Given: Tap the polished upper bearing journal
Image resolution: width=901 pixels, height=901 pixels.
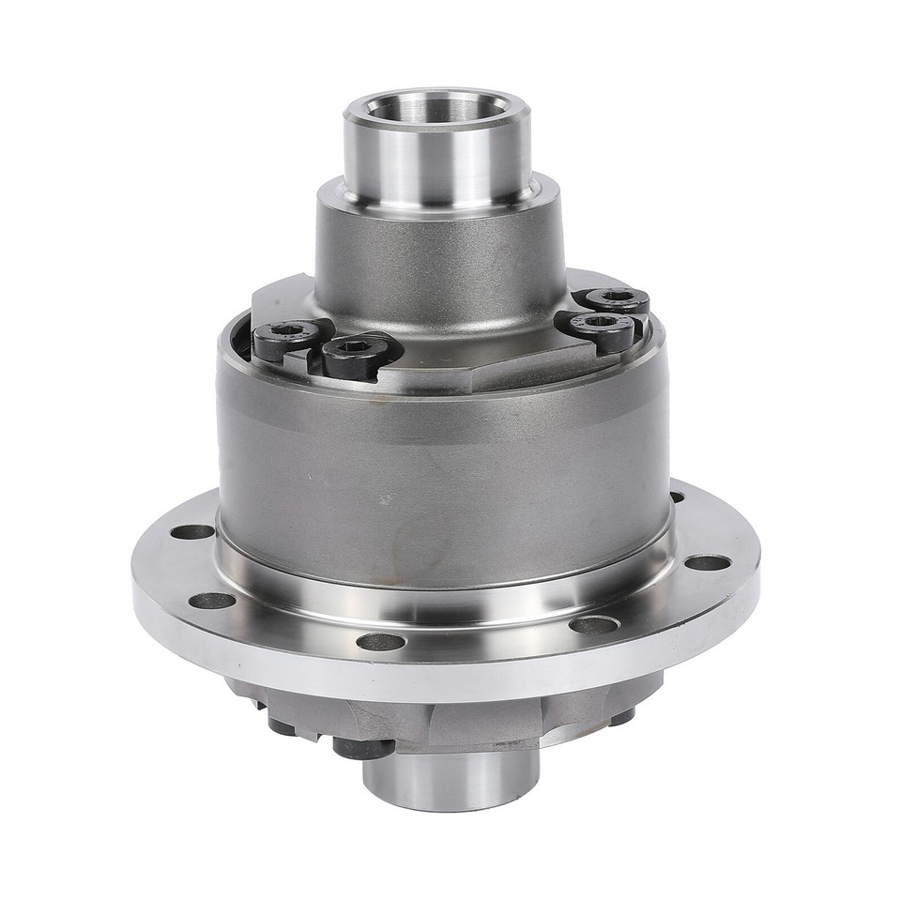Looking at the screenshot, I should point(436,155).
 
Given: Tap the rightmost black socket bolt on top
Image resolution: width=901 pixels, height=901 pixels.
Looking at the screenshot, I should point(617,300).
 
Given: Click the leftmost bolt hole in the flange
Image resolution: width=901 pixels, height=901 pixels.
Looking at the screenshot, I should point(193,531).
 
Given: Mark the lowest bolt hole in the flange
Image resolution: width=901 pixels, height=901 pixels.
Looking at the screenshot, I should point(381,642).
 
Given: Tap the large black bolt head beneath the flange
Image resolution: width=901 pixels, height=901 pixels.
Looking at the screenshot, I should point(364,748).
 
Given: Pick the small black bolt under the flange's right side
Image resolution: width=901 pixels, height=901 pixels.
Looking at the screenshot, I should point(620,717).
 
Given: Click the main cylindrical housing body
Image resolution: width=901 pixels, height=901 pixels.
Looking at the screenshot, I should point(441,469).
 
